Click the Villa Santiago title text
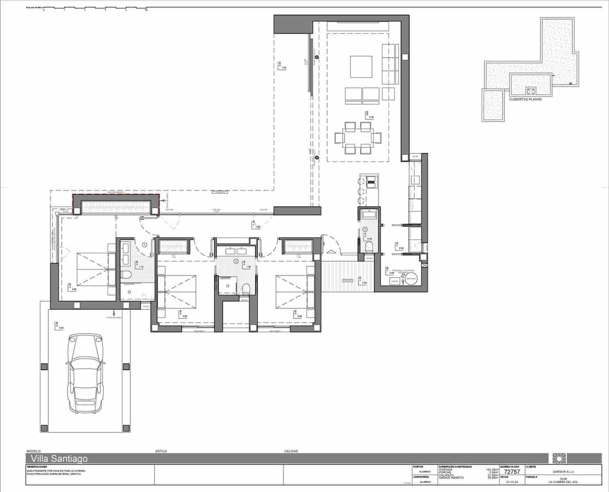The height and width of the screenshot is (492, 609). [x=57, y=458]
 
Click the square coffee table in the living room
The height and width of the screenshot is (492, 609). [x=361, y=67]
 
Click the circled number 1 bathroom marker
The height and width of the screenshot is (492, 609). [x=144, y=245]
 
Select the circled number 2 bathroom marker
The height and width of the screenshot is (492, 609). [x=236, y=261]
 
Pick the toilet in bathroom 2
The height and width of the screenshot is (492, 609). [x=246, y=288]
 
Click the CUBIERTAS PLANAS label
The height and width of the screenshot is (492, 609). [x=525, y=99]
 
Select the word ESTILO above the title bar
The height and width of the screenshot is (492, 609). [x=161, y=451]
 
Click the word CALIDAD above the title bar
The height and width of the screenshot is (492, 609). [x=291, y=451]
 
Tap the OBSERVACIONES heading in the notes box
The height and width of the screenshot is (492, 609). [x=37, y=467]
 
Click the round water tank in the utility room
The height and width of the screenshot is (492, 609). [x=411, y=279]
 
